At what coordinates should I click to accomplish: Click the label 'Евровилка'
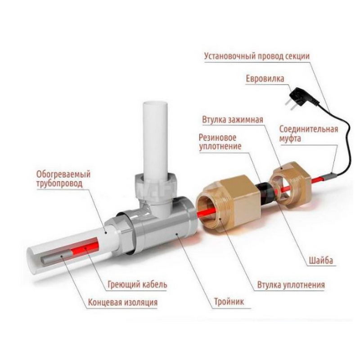(265, 79)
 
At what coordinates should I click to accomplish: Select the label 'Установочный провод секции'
(256, 56)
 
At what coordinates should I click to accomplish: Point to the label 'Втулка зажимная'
(232, 120)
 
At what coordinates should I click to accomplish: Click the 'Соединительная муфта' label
(309, 134)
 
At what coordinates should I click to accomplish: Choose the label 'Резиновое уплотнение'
(220, 142)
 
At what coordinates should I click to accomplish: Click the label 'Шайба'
(321, 261)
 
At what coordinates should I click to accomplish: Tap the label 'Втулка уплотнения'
(291, 285)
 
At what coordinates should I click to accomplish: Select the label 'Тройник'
(229, 301)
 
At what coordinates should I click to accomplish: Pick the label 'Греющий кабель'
(137, 285)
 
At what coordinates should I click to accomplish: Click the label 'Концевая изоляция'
(123, 302)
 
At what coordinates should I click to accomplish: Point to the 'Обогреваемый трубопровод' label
(63, 179)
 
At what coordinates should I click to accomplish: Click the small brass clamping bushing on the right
(291, 185)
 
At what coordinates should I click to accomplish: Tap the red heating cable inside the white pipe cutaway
(85, 246)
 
